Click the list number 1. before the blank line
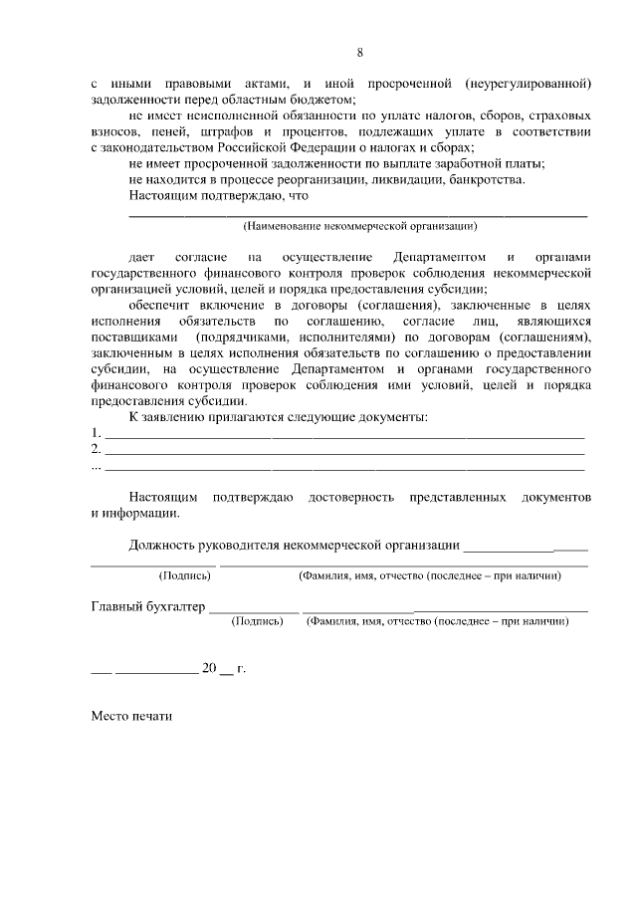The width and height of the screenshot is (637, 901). click(x=96, y=433)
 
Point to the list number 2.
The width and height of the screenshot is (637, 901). click(x=96, y=449)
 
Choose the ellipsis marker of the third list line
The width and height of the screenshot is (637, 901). click(x=96, y=465)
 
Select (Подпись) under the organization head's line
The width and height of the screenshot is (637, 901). click(x=185, y=575)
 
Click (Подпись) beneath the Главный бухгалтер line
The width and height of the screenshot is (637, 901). click(x=256, y=620)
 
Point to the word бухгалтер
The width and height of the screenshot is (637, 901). click(x=173, y=605)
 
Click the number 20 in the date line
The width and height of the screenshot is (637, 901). click(x=209, y=668)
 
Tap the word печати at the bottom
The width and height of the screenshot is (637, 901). click(x=151, y=715)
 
